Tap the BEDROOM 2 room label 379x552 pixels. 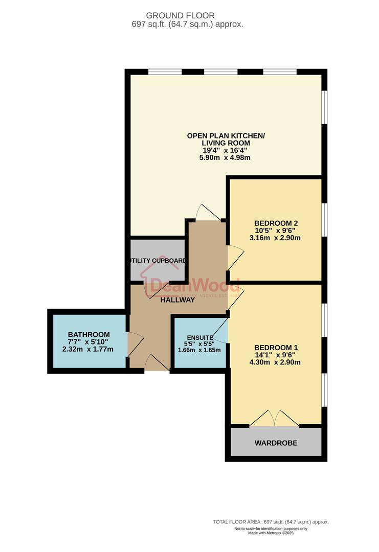276,223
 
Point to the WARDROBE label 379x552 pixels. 276,443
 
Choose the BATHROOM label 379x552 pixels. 89,335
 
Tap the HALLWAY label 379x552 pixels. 177,300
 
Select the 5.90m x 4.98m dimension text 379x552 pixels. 225,158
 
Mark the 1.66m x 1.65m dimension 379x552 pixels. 199,350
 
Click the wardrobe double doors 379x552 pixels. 275,418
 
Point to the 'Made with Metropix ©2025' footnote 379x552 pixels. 271,533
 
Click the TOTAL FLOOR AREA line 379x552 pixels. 271,522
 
